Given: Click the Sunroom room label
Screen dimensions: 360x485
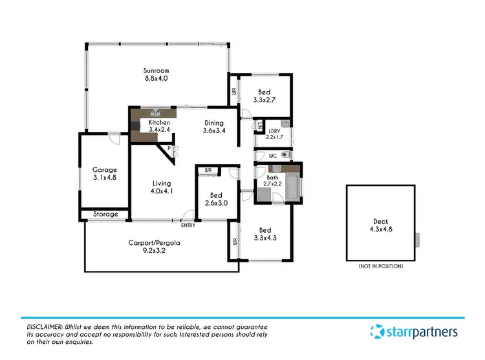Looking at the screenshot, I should (x=155, y=70).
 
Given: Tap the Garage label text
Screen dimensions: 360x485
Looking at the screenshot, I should (x=104, y=170).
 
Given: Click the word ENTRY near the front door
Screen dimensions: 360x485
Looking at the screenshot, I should (x=188, y=225).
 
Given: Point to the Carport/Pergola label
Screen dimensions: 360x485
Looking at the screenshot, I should (x=153, y=243).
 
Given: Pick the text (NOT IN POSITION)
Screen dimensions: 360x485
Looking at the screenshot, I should (x=380, y=266).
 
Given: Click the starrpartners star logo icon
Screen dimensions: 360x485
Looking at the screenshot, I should (x=377, y=332).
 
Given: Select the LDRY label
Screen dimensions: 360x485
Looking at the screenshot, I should (x=272, y=131).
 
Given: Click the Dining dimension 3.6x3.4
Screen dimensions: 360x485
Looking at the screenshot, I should (x=213, y=131).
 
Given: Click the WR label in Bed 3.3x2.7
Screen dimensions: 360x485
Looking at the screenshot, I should (x=234, y=92).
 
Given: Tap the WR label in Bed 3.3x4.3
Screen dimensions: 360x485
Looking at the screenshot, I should (x=233, y=242).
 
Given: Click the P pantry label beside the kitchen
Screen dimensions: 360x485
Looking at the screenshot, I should (x=168, y=149).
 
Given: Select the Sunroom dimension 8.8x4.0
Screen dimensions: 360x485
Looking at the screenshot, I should (x=155, y=78).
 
